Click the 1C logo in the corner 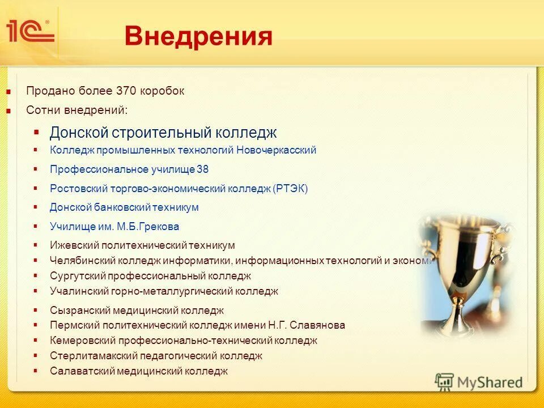(30, 32)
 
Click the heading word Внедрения (198, 37)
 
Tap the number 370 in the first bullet (126, 91)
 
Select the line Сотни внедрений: (76, 110)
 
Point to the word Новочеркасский (276, 151)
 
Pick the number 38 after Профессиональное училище (203, 169)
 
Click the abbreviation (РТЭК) (291, 189)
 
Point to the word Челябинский (82, 261)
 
